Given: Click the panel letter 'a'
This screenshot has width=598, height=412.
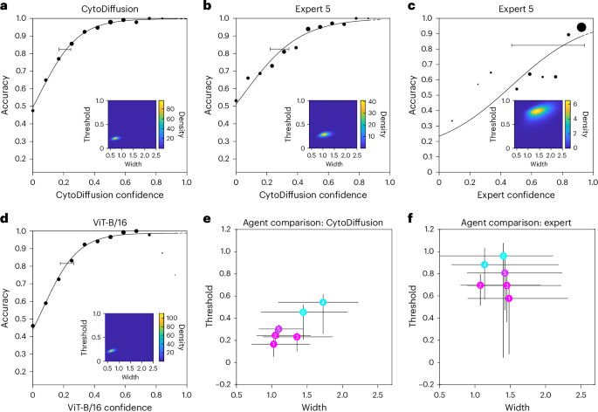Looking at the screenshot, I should click(x=4, y=6).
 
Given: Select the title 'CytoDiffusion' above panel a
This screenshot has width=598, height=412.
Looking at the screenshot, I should click(x=109, y=6).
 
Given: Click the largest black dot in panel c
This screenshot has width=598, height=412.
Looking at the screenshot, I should click(x=581, y=28).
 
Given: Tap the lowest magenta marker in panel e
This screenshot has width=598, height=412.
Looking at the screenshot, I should click(x=274, y=344).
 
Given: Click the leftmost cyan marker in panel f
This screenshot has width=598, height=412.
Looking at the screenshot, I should click(x=485, y=264).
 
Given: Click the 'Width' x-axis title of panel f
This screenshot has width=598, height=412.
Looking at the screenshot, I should click(x=516, y=405).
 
